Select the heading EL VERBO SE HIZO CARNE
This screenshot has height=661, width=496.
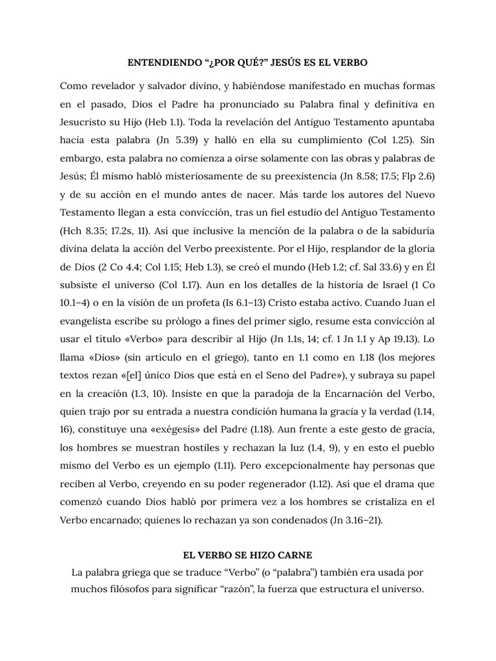(x=248, y=556)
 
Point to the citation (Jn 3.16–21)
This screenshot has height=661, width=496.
(x=345, y=520)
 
